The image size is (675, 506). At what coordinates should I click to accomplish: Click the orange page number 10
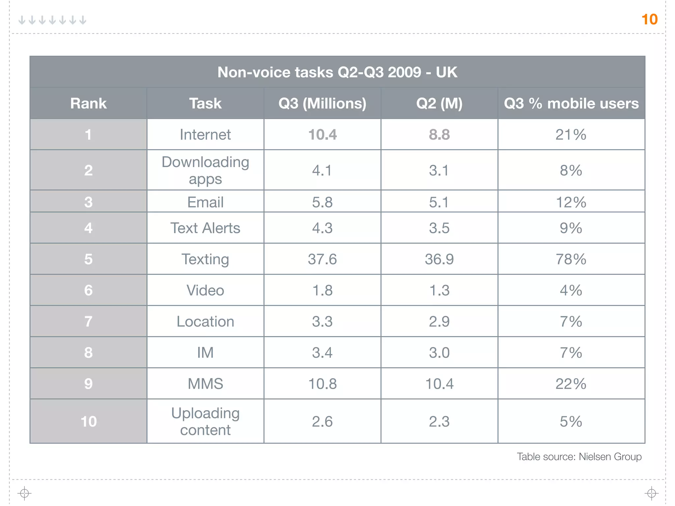pos(649,19)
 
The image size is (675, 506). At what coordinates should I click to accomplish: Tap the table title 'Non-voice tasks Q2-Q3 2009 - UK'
pos(337,72)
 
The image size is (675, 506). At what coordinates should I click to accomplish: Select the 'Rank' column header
pos(88,103)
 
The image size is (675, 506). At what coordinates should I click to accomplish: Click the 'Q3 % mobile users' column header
pos(571,103)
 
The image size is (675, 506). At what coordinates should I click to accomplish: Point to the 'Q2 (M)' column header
pos(439,103)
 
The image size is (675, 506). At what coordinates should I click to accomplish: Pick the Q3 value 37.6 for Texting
pos(322,259)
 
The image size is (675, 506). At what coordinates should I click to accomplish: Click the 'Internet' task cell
pos(205,135)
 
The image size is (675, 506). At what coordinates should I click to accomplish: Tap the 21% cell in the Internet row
pos(571,135)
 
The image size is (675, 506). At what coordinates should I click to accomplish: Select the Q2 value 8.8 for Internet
pos(439,135)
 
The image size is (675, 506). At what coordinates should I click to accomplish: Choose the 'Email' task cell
pos(205,202)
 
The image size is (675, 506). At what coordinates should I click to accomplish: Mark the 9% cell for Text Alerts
pos(571,228)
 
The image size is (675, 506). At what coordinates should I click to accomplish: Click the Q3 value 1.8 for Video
pos(322,290)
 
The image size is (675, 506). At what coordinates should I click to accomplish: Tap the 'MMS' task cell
pos(205,384)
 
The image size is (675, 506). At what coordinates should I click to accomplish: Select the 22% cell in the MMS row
pos(571,384)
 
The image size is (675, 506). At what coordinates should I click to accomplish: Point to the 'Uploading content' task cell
pos(205,421)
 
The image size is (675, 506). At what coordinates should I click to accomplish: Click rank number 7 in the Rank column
pos(88,322)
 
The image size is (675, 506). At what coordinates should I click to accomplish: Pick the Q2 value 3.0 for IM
pos(439,352)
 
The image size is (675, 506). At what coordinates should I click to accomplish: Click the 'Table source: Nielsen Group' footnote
pos(579,457)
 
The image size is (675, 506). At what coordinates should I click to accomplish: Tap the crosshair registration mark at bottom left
pos(24,493)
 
